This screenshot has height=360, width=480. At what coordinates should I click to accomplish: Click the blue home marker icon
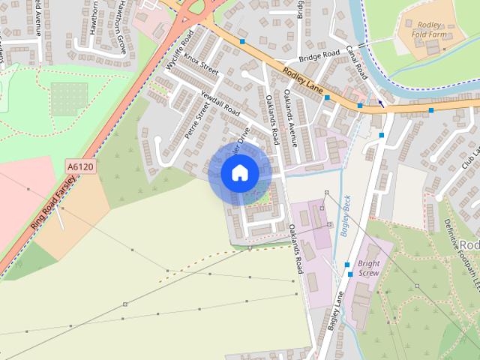click(239, 173)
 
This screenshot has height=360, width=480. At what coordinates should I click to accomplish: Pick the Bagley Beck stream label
click(346, 217)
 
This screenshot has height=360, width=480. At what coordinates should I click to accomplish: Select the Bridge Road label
click(319, 57)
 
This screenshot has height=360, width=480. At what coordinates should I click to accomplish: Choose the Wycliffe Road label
click(180, 52)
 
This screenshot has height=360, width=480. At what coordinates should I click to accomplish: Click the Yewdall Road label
click(220, 103)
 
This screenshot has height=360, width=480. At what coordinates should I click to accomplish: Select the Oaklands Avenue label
click(292, 115)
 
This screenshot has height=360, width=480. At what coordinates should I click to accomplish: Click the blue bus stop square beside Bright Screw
click(348, 265)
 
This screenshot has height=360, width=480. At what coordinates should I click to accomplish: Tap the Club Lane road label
click(471, 154)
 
